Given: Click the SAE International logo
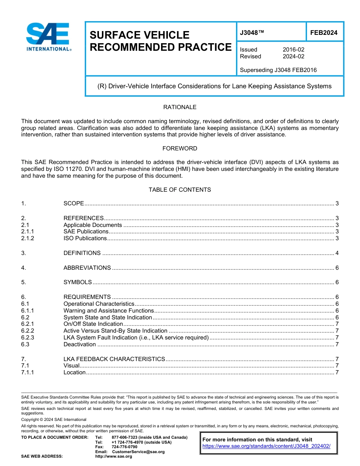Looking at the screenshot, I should coord(49,37).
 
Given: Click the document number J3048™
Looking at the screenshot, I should coord(252,33).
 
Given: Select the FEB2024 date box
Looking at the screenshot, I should coord(324,33).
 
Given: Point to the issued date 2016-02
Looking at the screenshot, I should coord(293,50).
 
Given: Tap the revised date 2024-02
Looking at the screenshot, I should coord(293,56).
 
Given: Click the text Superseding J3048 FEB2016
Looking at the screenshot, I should coord(278,70).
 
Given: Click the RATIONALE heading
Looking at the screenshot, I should coord(180,107).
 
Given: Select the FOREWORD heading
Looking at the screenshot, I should coord(180,149).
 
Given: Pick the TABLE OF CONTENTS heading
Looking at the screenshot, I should coord(180,190).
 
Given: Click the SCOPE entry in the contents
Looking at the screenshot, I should coord(74,203).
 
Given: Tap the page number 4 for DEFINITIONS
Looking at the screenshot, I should coord(337,253).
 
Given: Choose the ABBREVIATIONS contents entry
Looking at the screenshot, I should coord(87,268).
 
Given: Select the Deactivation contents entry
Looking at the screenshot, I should coord(80,344).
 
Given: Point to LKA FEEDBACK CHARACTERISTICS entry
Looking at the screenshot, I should coord(114,359).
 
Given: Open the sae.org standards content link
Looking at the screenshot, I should coord(266,446).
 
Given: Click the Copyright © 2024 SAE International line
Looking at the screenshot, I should coord(54,419).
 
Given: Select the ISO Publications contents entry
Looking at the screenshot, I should coord(85,238).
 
